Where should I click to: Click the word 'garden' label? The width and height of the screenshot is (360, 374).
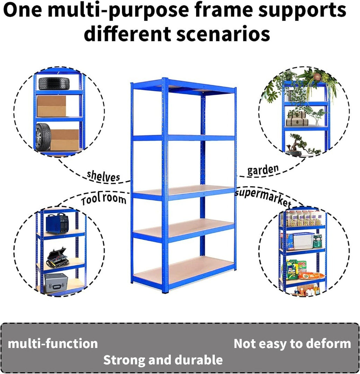(263, 170)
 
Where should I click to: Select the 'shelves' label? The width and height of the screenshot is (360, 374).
(103, 176)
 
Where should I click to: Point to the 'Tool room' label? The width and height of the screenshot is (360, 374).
(104, 199)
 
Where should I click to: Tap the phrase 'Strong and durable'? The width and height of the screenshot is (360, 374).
(163, 360)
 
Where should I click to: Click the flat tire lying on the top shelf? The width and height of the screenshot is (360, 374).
(54, 84)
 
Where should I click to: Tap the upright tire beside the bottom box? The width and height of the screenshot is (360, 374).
(43, 137)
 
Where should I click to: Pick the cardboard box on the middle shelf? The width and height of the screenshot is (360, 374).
(51, 107)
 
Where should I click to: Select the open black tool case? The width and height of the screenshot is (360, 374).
(57, 258)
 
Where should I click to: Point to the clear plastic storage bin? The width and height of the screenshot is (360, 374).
(303, 241)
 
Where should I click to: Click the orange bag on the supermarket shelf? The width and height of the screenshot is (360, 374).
(311, 276)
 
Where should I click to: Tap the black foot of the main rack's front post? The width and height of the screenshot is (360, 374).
(166, 291)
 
